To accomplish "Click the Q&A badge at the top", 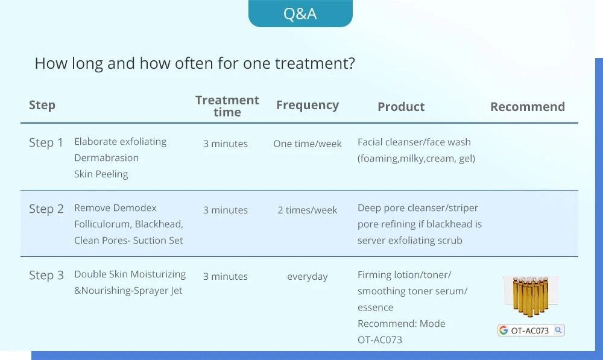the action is [x=300, y=13].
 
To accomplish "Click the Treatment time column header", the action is [x=227, y=106].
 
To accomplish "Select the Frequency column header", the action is [x=308, y=105].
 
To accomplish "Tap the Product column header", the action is [x=401, y=107].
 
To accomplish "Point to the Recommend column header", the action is [x=528, y=107].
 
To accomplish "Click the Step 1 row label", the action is [x=46, y=143].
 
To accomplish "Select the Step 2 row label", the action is [x=46, y=209].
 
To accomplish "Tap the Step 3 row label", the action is [x=46, y=276].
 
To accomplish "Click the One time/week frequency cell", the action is [x=308, y=144].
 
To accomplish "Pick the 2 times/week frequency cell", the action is [x=308, y=210].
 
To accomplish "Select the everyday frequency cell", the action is [x=308, y=277].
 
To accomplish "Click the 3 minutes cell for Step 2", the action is [x=226, y=210].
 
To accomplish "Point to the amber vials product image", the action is [x=531, y=296].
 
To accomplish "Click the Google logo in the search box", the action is [x=504, y=330].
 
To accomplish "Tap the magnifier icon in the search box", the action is [x=558, y=330].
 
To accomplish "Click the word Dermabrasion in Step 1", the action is [x=107, y=158].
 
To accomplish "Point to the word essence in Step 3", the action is [x=375, y=308].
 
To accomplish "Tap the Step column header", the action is [x=42, y=106].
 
